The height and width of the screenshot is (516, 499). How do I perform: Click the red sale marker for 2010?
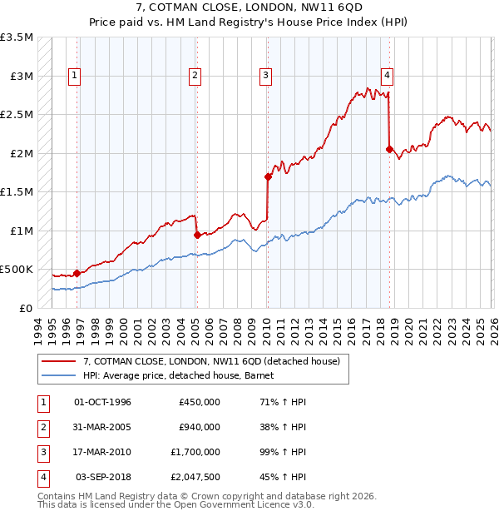pos(268,176)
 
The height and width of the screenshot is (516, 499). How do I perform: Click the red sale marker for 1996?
pos(77,272)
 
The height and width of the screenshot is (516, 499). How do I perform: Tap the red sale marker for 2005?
pos(197,235)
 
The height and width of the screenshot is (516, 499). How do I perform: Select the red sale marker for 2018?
pos(389,149)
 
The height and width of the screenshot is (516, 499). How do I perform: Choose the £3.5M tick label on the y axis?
pos(17,37)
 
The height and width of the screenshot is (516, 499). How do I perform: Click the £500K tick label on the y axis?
pos(17,270)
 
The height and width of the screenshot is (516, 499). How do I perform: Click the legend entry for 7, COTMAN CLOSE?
pos(211,362)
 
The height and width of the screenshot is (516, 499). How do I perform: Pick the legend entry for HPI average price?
pos(184,375)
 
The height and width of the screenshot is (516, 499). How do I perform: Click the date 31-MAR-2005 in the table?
pos(102,427)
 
